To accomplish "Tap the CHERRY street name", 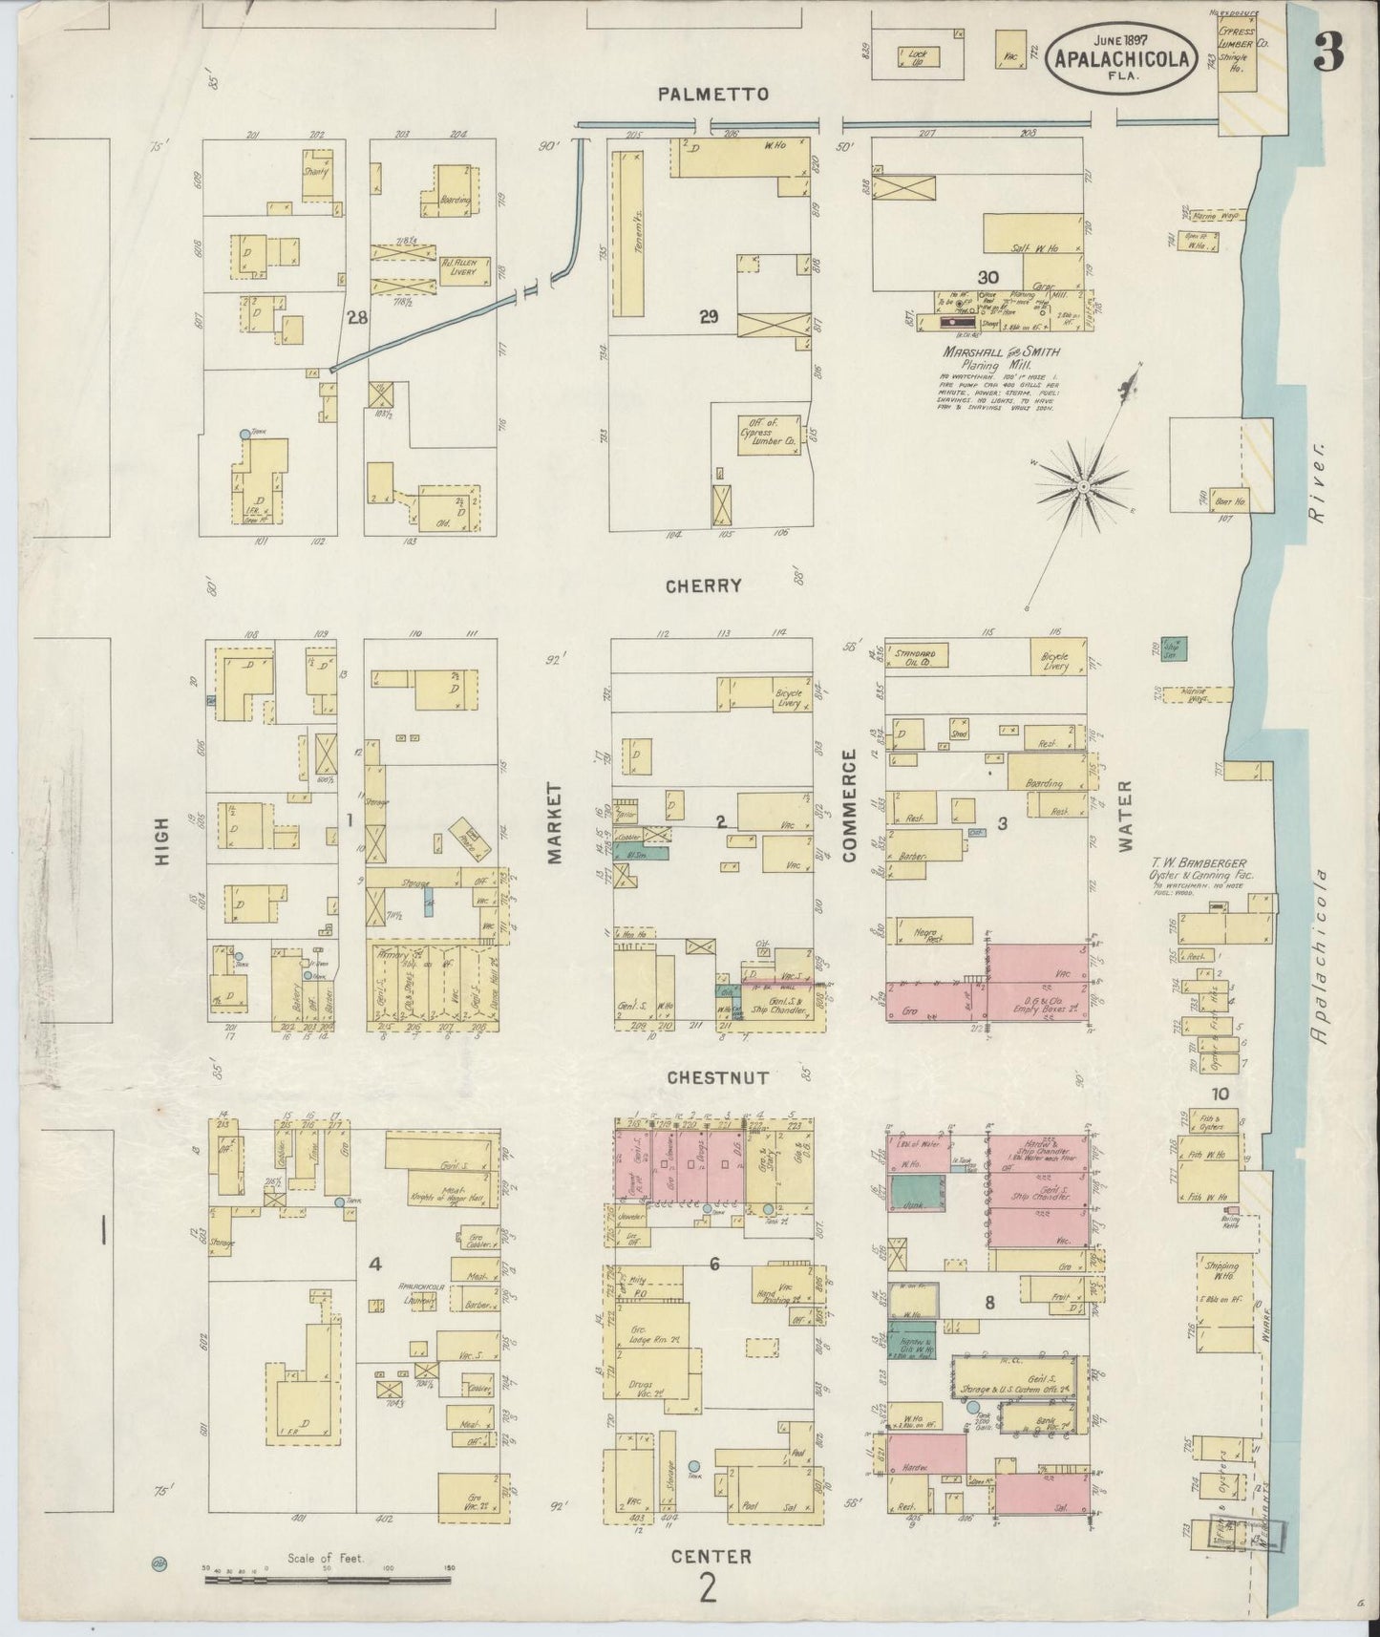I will (704, 586).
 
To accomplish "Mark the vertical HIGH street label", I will (161, 840).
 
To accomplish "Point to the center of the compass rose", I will (1084, 487).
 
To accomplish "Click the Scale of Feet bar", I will (329, 1581).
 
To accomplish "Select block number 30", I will (1001, 277).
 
